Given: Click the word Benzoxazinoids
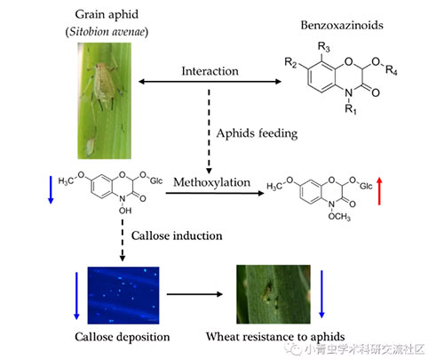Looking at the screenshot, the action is tap(342, 25).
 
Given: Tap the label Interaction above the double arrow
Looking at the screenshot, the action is tap(210, 71).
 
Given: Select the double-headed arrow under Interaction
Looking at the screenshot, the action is tap(210, 82).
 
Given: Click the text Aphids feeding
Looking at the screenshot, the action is tap(257, 133).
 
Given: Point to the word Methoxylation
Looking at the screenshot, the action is tap(211, 182).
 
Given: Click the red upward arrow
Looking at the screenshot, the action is tap(379, 191).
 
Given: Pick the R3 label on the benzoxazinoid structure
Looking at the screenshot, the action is tap(323, 47).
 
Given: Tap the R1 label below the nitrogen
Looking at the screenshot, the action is tap(351, 109).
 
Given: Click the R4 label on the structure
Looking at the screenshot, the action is tap(391, 70).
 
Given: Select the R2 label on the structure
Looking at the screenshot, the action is tap(290, 62).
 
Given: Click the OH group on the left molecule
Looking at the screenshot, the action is tap(125, 211).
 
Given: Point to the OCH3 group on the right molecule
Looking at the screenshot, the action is tap(339, 217).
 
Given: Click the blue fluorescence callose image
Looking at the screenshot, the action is tap(123, 295).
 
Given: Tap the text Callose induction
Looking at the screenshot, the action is tap(177, 236).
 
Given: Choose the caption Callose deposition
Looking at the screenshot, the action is tap(123, 337).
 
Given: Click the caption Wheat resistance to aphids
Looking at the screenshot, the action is tap(275, 337).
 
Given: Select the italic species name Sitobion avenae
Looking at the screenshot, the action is tap(107, 32).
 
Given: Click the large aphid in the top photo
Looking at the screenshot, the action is tap(104, 83).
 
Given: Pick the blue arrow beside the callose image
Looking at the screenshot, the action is tap(76, 296).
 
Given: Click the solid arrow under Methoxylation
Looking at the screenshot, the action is tap(215, 193).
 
